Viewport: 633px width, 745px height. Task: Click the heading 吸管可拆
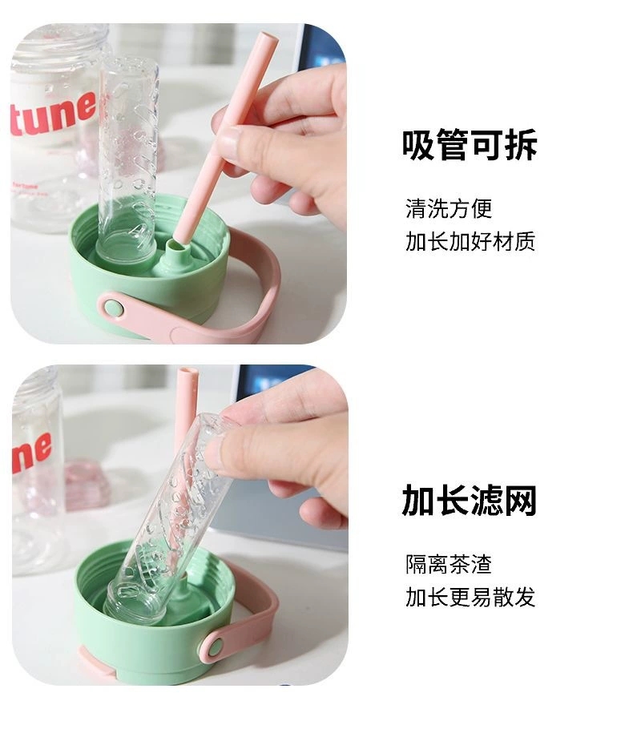[469, 145]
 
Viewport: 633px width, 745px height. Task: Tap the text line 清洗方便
[448, 209]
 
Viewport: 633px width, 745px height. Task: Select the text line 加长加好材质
[470, 241]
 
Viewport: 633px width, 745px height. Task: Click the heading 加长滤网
[469, 501]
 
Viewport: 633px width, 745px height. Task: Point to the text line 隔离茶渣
[448, 565]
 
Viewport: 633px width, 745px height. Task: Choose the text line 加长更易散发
[470, 597]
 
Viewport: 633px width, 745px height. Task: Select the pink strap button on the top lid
[111, 307]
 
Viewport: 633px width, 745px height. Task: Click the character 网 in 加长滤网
[519, 501]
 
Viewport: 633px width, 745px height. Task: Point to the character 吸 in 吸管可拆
[418, 145]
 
